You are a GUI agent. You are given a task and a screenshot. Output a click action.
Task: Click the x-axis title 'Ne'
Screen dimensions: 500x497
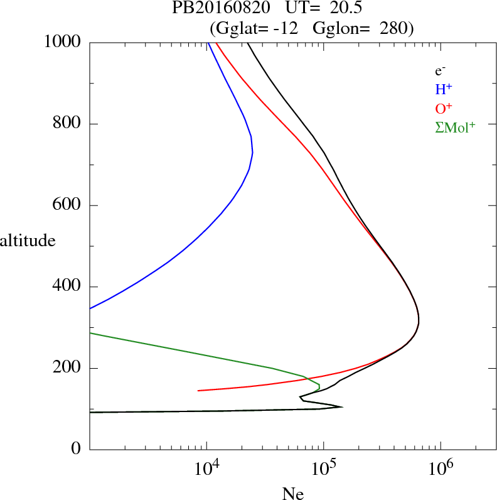pyautogui.click(x=293, y=494)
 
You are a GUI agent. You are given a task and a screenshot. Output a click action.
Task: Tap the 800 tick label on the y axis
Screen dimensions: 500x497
pyautogui.click(x=68, y=124)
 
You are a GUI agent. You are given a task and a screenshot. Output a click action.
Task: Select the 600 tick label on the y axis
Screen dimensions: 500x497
pyautogui.click(x=68, y=205)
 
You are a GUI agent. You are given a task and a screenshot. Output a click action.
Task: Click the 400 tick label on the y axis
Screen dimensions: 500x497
pyautogui.click(x=68, y=287)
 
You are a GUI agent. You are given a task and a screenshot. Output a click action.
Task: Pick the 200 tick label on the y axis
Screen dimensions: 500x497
pyautogui.click(x=68, y=368)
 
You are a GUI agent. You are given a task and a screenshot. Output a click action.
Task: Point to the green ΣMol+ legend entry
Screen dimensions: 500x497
pyautogui.click(x=454, y=127)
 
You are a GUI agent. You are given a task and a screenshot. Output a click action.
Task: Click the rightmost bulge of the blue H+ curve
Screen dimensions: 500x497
pyautogui.click(x=252, y=152)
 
